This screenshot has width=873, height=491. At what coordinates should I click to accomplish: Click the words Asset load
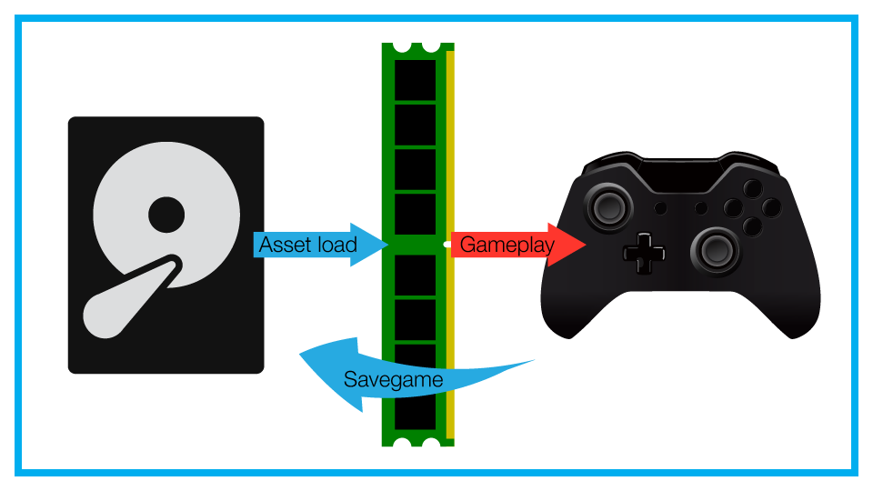pos(308,245)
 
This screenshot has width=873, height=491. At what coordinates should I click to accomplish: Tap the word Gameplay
pos(507,245)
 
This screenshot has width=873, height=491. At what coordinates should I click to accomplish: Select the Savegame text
pos(393,379)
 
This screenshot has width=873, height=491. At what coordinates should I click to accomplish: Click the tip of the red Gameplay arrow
pos(585,245)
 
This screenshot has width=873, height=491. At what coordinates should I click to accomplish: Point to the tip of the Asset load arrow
pos(387,245)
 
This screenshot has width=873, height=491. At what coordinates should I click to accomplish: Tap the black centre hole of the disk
pos(166,215)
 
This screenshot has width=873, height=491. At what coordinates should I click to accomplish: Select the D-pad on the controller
pos(644,252)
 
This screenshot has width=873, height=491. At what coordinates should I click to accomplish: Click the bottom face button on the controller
pos(752,225)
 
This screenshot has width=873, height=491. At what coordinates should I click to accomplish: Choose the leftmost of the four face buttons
pos(733,208)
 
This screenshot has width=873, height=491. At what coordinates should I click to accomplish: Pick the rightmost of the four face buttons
pos(771,208)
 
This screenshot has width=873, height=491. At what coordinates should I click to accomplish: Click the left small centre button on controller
pos(660,208)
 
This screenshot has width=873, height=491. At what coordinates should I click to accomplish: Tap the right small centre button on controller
pos(700,208)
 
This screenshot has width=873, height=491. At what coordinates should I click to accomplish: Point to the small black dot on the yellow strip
pos(447,244)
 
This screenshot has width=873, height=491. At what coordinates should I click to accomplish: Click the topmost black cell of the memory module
pos(415,76)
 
